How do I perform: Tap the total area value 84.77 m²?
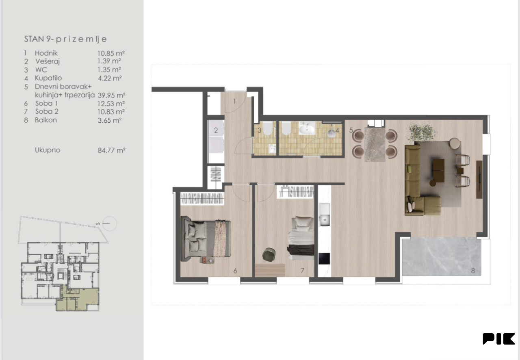point(111,150)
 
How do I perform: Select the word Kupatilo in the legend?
point(48,78)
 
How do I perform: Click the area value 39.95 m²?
point(111,95)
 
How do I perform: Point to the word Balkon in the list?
point(46,120)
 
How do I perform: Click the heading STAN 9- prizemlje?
point(65,39)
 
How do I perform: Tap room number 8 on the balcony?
point(473,270)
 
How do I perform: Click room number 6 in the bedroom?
point(235,271)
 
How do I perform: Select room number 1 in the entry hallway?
point(234,101)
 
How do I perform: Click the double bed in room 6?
point(206,239)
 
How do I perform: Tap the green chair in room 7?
point(269,254)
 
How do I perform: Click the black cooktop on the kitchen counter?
point(324,258)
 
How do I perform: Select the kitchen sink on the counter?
point(325,215)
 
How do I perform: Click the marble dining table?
point(375,144)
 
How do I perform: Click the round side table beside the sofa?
point(455,143)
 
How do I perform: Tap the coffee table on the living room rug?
point(438,171)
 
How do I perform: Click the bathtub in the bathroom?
point(307,128)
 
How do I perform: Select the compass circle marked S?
point(110,223)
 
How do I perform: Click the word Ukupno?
point(48,150)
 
